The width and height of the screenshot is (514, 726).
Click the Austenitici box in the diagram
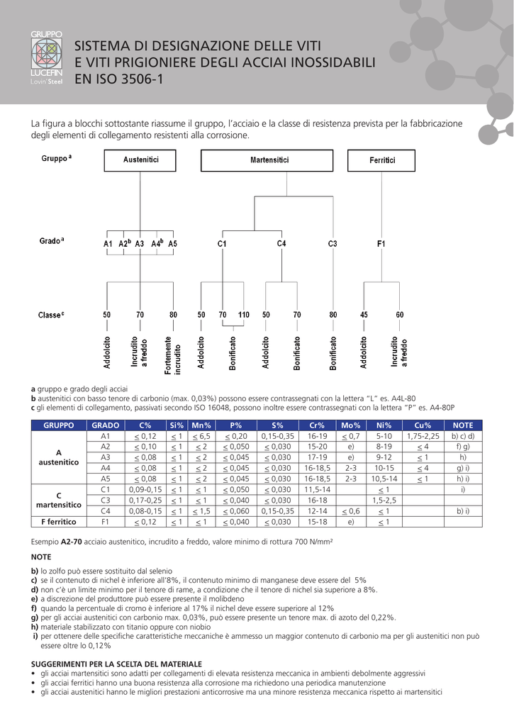[x=140, y=160]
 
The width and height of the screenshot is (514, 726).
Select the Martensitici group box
[x=269, y=160]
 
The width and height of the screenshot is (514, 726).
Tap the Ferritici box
[x=381, y=160]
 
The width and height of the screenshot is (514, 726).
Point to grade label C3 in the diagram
[x=333, y=244]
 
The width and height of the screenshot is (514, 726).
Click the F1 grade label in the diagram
[x=381, y=244]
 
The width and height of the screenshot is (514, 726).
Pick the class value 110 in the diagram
[x=243, y=314]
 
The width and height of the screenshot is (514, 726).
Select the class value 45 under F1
[x=364, y=314]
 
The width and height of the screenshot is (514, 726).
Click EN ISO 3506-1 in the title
[x=118, y=79]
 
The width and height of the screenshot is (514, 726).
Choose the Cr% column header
[x=317, y=425]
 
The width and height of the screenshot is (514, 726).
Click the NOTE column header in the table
[x=462, y=425]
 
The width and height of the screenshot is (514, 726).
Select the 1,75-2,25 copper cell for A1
[x=423, y=436]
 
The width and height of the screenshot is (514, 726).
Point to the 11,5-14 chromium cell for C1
[x=317, y=489]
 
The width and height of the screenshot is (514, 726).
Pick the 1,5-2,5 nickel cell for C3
[x=384, y=500]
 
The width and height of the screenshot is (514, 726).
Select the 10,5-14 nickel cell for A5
[x=384, y=479]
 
